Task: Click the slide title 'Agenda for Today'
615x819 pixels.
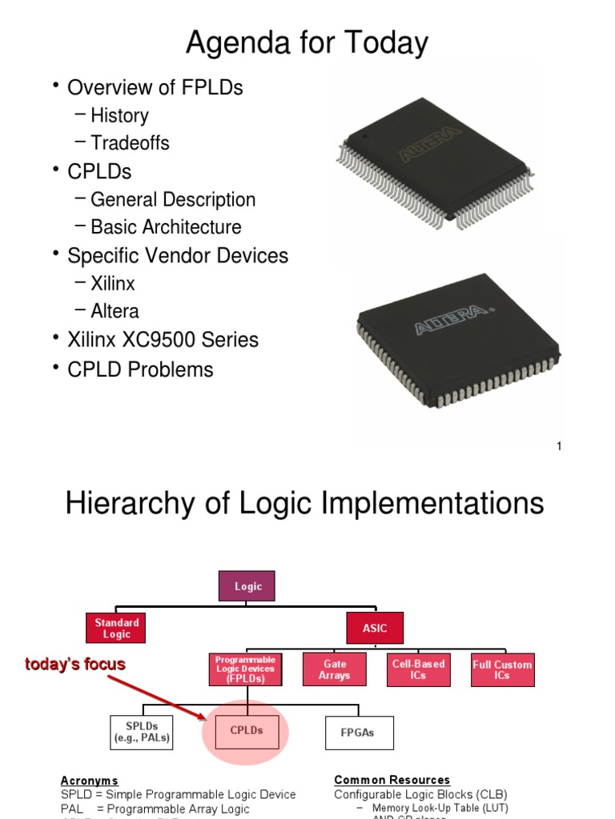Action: point(307,42)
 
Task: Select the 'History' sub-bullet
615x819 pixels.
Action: point(119,115)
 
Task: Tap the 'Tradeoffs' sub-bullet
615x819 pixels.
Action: point(130,143)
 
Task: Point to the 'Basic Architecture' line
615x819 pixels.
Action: point(166,226)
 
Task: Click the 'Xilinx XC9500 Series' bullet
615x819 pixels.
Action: point(163,340)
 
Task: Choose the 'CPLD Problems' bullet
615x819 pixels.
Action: point(140,370)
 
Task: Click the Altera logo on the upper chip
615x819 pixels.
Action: point(431,143)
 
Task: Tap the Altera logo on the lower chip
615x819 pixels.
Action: point(451,318)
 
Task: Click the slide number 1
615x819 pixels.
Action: point(559,446)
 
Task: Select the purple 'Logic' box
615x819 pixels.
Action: point(248,586)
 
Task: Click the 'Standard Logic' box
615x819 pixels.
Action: point(117,628)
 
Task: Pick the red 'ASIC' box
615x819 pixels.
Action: point(375,628)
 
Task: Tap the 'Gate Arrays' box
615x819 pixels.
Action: point(334,669)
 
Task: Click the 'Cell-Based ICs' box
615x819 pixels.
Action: point(418,669)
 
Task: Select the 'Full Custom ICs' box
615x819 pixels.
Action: point(502,669)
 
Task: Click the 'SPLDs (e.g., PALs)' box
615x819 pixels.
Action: point(142,732)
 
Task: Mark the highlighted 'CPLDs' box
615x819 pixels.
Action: point(247,731)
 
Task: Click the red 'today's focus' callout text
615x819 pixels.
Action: point(75,665)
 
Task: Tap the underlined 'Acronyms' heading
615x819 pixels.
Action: point(90,780)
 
